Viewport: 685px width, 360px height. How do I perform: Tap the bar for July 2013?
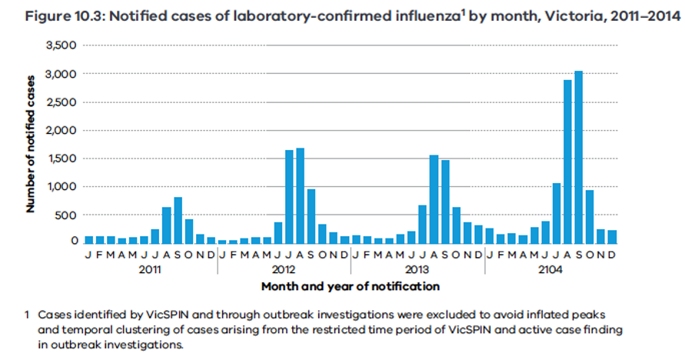tap(422, 225)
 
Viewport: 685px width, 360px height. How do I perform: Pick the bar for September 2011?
tap(178, 221)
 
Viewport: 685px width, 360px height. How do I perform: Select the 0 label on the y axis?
tap(75, 242)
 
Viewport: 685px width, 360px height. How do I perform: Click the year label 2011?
tap(150, 269)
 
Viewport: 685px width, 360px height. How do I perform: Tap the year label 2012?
tap(284, 269)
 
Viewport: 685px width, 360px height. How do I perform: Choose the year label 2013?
tap(417, 269)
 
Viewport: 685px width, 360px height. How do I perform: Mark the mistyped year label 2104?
tap(550, 269)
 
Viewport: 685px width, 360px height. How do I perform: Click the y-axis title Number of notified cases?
tap(32, 143)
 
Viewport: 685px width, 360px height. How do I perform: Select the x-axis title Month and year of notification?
tap(350, 286)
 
